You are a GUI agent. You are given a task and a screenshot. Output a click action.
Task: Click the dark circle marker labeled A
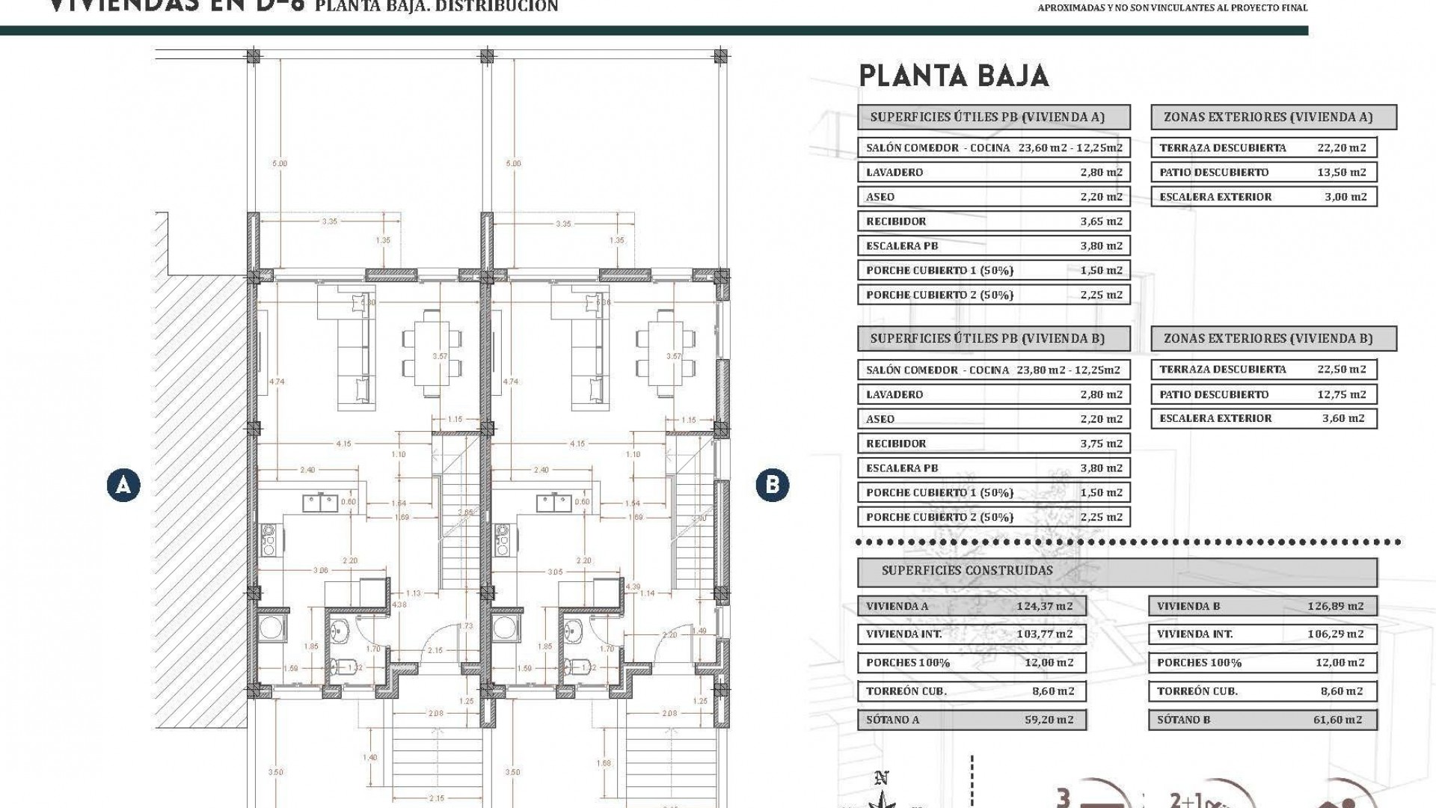[x=123, y=485]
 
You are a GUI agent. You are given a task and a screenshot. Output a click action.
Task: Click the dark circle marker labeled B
[x=772, y=485]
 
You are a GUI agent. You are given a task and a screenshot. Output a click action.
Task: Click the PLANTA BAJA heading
[x=954, y=76]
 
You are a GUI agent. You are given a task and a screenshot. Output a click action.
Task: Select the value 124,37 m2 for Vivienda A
[x=1045, y=606]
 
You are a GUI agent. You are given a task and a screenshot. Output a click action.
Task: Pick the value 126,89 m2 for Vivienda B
[x=1335, y=606]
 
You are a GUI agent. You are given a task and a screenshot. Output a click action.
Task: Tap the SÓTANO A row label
[x=892, y=720]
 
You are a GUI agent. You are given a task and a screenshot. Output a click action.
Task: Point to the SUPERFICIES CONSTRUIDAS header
[x=967, y=571]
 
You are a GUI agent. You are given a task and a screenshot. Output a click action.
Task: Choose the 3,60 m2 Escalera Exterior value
[x=1343, y=418]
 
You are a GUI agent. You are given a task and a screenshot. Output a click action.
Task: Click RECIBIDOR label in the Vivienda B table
[x=896, y=443]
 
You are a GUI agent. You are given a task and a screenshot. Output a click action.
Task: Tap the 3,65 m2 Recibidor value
[x=1101, y=221]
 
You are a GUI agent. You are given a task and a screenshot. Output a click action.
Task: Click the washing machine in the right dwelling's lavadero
[x=506, y=628]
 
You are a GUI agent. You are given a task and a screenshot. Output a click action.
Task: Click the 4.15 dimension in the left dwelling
[x=343, y=444]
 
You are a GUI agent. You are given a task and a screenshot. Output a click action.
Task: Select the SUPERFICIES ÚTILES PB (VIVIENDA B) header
[x=987, y=339]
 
